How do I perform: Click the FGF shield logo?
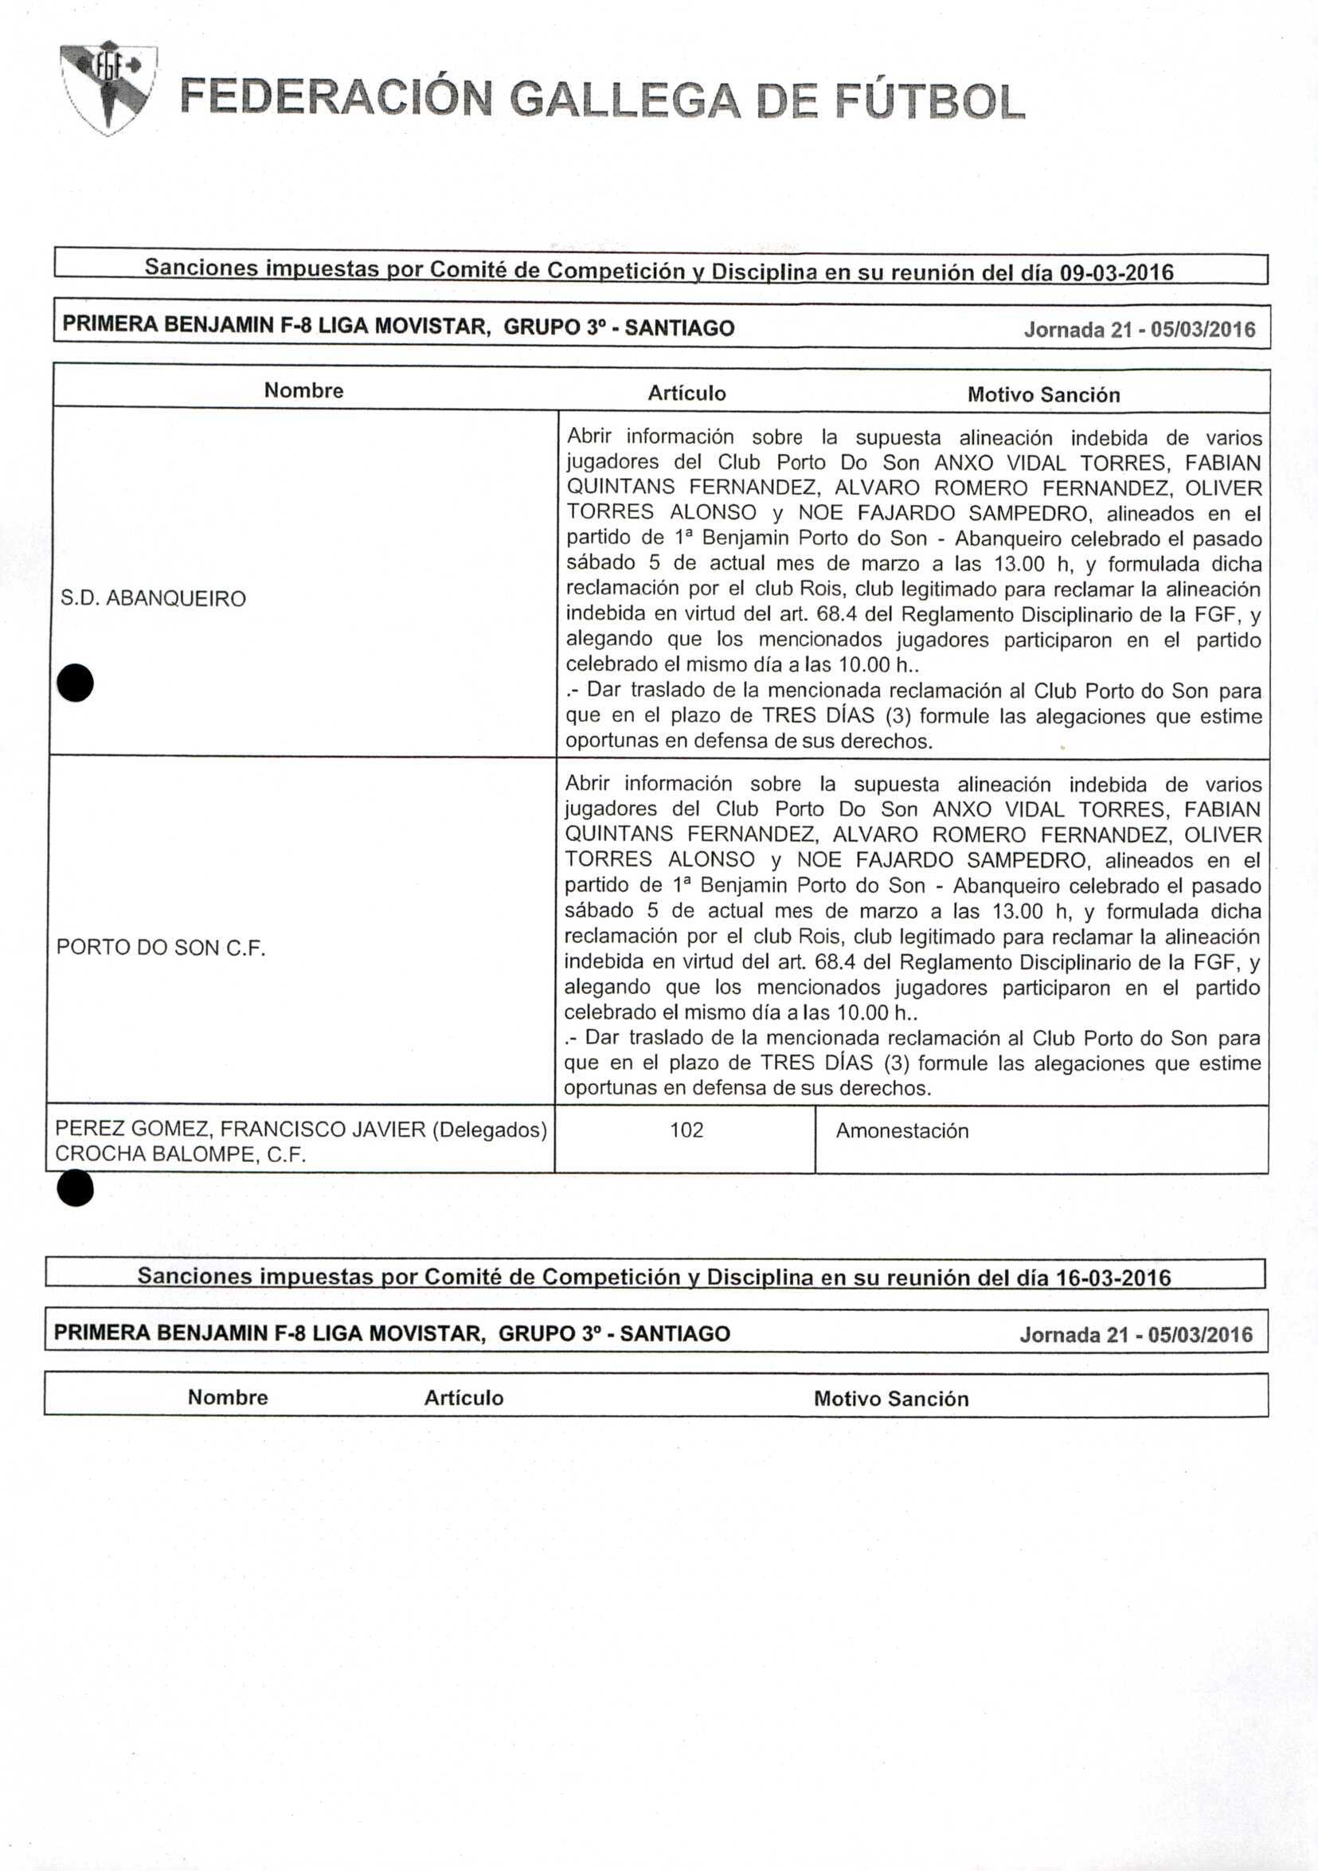tap(109, 88)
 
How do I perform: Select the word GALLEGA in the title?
tap(624, 101)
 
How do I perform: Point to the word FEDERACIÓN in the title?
tap(334, 100)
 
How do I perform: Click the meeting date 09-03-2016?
tap(1116, 273)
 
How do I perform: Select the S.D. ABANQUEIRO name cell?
tap(153, 599)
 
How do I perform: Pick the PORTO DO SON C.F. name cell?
tap(161, 948)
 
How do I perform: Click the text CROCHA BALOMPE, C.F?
tap(180, 1154)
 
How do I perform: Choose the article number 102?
tap(686, 1130)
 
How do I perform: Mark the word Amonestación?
tap(901, 1131)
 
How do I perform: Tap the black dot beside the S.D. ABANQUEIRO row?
tap(76, 683)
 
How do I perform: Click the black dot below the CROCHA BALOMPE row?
tap(76, 1189)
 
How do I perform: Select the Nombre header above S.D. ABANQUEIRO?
tap(304, 390)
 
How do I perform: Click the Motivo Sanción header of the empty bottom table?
tap(891, 1399)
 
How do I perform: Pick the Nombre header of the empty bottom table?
tap(227, 1398)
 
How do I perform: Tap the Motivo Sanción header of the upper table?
tap(1043, 395)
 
